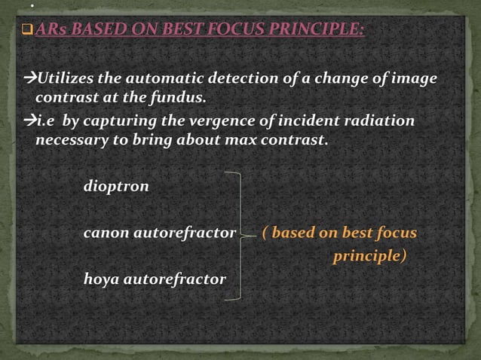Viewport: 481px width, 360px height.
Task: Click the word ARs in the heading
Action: click(x=52, y=31)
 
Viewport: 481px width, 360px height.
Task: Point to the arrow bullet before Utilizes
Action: click(x=29, y=79)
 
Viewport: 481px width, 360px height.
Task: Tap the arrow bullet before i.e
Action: click(x=29, y=121)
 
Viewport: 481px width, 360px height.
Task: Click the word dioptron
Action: click(x=116, y=187)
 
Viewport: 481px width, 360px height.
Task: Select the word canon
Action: click(x=106, y=233)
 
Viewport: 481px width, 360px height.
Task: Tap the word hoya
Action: click(x=101, y=279)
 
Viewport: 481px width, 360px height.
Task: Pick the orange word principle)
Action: click(x=369, y=256)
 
